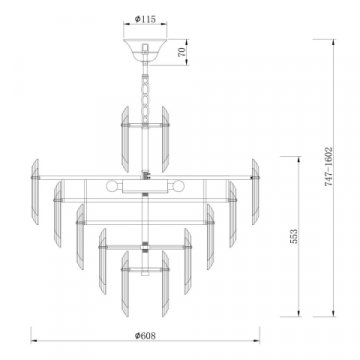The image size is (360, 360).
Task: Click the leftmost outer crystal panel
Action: [x=37, y=179]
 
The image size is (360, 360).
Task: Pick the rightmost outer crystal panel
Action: [x=254, y=179]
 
